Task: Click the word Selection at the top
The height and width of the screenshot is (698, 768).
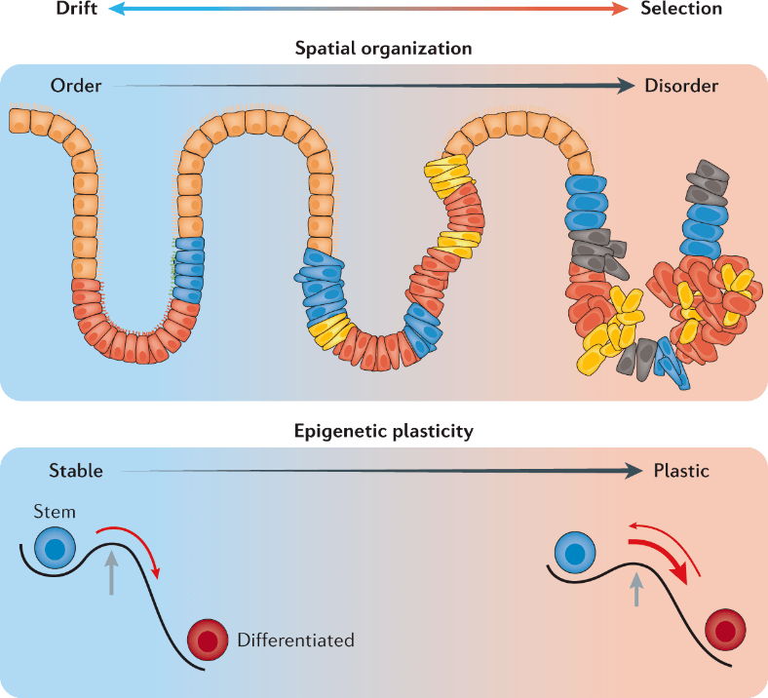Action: pos(682,9)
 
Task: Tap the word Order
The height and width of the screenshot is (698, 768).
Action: pos(76,86)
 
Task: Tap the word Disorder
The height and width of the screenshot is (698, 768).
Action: pos(681,86)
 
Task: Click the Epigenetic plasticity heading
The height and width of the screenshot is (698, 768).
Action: pos(384,428)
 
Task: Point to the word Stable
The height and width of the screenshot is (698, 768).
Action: pos(76,471)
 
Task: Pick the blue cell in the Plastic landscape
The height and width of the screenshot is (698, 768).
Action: pos(575,554)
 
